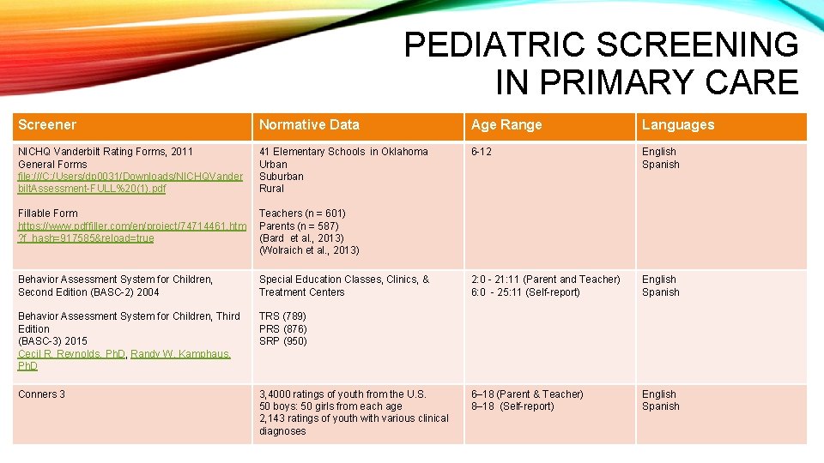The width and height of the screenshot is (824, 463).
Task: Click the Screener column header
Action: [47, 125]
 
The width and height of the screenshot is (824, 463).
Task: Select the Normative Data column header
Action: [309, 125]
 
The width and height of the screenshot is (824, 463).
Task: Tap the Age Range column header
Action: [506, 125]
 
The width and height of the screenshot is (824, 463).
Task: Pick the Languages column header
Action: [677, 125]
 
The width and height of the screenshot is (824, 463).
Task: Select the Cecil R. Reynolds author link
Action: [72, 353]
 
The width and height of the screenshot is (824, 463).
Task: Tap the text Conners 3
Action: [42, 394]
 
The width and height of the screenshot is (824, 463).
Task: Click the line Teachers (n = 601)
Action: [302, 213]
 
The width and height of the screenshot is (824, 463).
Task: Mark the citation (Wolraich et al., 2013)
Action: [309, 250]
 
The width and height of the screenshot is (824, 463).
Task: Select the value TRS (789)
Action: [282, 316]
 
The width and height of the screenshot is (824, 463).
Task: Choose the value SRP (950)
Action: [282, 341]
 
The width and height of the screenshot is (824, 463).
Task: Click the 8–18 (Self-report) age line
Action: [512, 406]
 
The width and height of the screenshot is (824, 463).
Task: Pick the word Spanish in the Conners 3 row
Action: [660, 406]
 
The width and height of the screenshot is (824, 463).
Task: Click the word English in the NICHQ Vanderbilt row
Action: [658, 152]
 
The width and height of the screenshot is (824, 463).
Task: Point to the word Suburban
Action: [281, 177]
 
